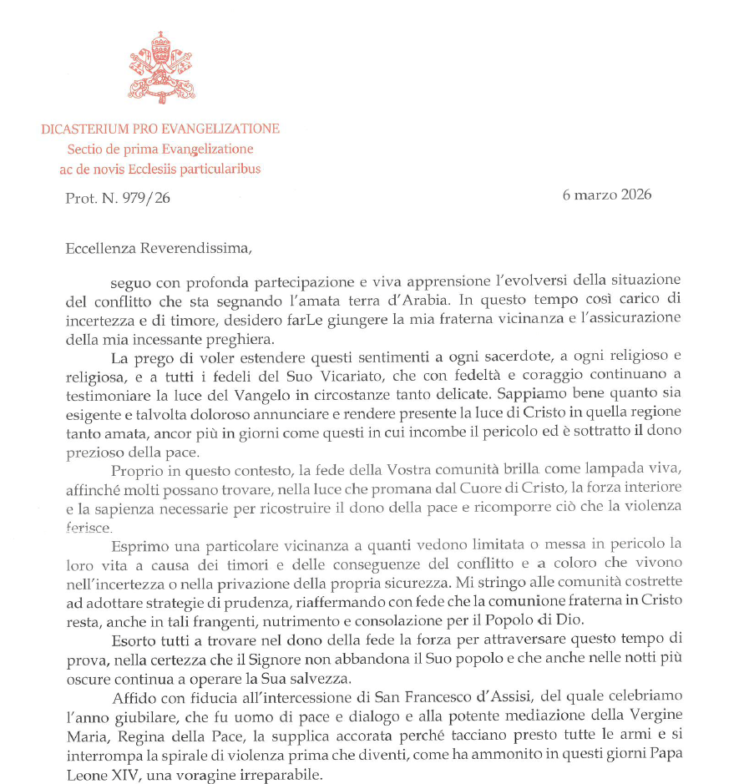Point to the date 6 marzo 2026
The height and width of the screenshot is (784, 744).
click(606, 195)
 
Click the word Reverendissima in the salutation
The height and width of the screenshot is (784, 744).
click(190, 247)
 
